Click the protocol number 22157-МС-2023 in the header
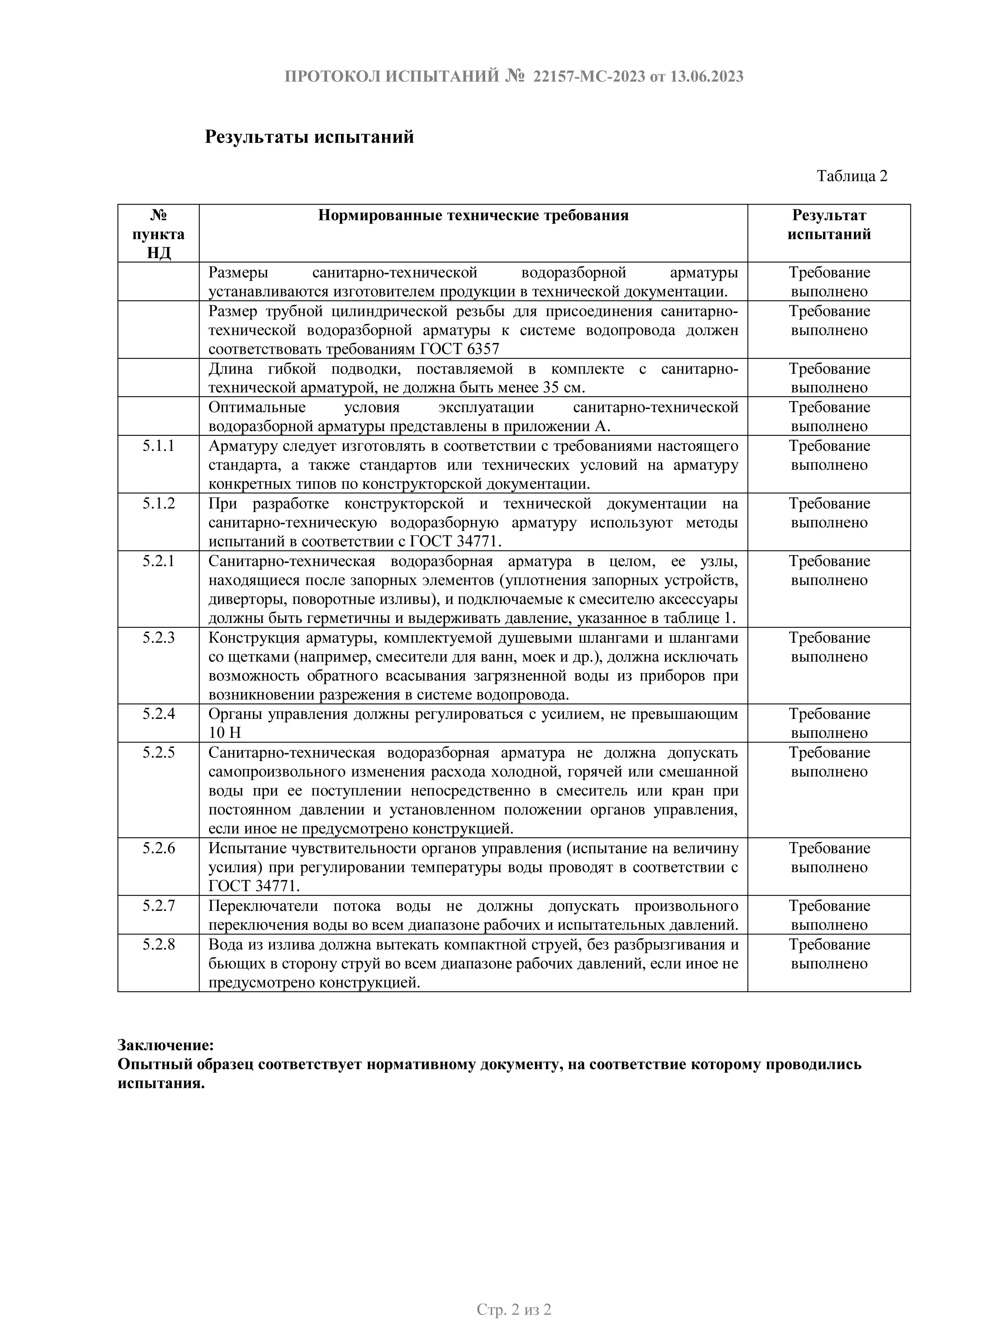pos(588,77)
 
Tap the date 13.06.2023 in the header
pos(706,77)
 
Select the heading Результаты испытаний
pos(309,137)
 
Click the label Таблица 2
pos(852,176)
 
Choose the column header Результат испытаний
pos(829,225)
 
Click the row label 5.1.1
pos(158,446)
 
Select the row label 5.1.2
pos(158,504)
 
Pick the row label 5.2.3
pos(158,638)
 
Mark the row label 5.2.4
pos(158,714)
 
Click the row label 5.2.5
pos(158,753)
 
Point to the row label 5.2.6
pos(158,849)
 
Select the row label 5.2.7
pos(158,906)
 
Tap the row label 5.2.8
pos(158,945)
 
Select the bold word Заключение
pos(165,1045)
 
